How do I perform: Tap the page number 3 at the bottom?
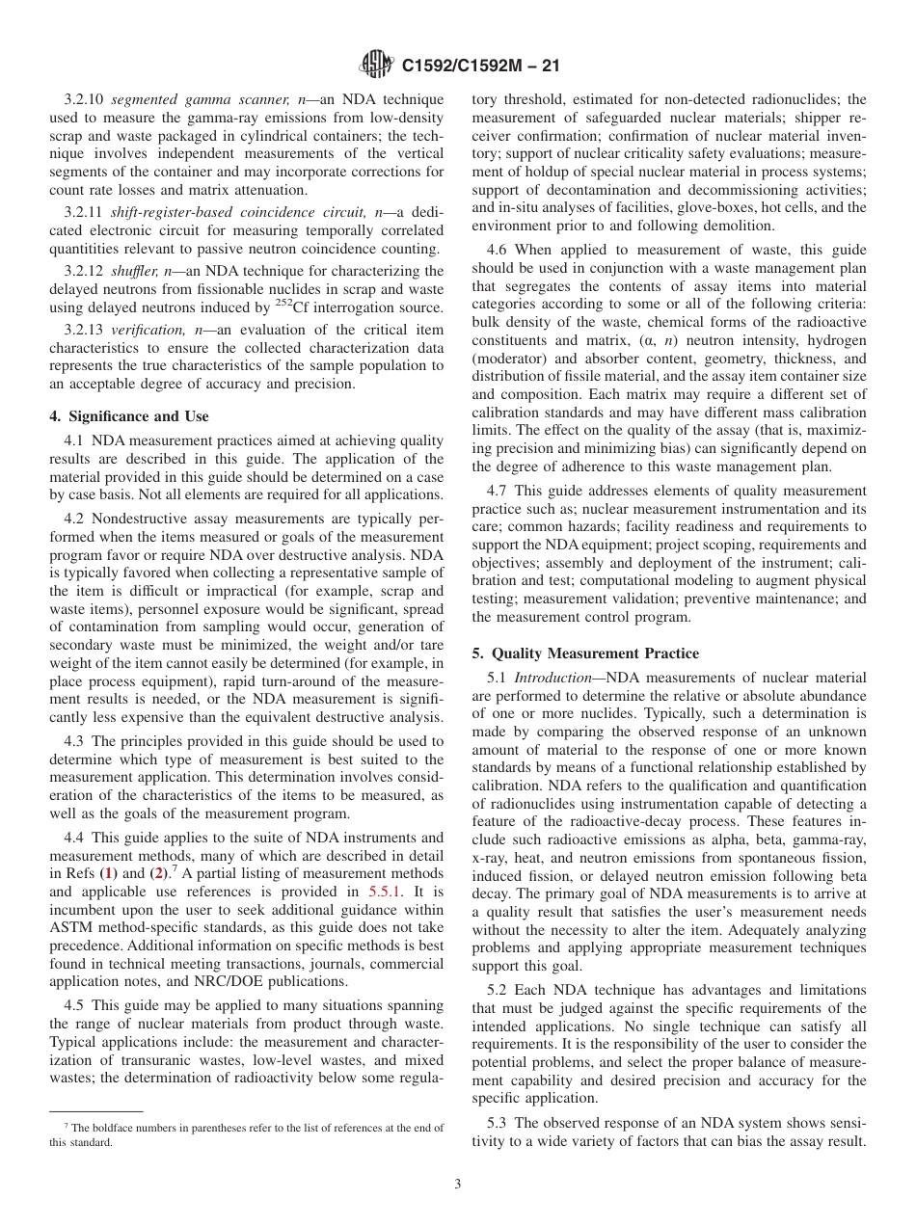point(457,1185)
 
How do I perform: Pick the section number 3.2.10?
point(87,99)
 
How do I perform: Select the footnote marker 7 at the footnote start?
point(67,1127)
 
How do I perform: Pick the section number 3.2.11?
point(87,213)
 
